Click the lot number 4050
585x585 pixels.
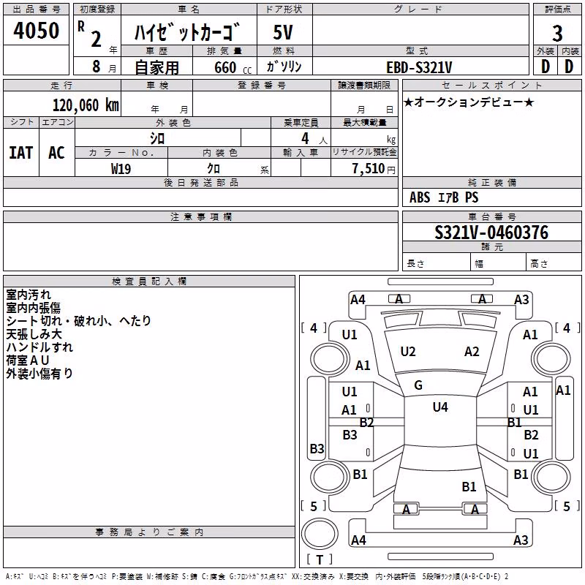click(x=36, y=30)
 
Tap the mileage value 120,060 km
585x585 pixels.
click(x=86, y=105)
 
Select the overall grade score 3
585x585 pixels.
click(x=557, y=33)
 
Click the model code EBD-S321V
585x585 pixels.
click(x=419, y=67)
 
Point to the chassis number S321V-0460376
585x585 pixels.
click(x=491, y=233)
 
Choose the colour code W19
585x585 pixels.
click(x=121, y=169)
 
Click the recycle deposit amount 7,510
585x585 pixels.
click(x=368, y=168)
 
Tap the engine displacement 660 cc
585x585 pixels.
click(x=233, y=67)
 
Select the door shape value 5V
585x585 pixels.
click(x=283, y=32)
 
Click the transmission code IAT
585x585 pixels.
click(x=21, y=153)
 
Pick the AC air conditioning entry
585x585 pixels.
click(x=57, y=153)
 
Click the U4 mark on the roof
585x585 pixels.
click(x=440, y=407)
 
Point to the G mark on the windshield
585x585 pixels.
click(x=418, y=385)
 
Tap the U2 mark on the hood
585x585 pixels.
click(x=408, y=352)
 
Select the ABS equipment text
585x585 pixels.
click(x=420, y=197)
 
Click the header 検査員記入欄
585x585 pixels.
click(x=149, y=282)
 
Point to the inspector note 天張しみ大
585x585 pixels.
click(x=34, y=334)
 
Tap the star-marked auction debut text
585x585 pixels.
click(x=469, y=102)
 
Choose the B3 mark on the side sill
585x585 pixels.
click(x=317, y=448)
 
